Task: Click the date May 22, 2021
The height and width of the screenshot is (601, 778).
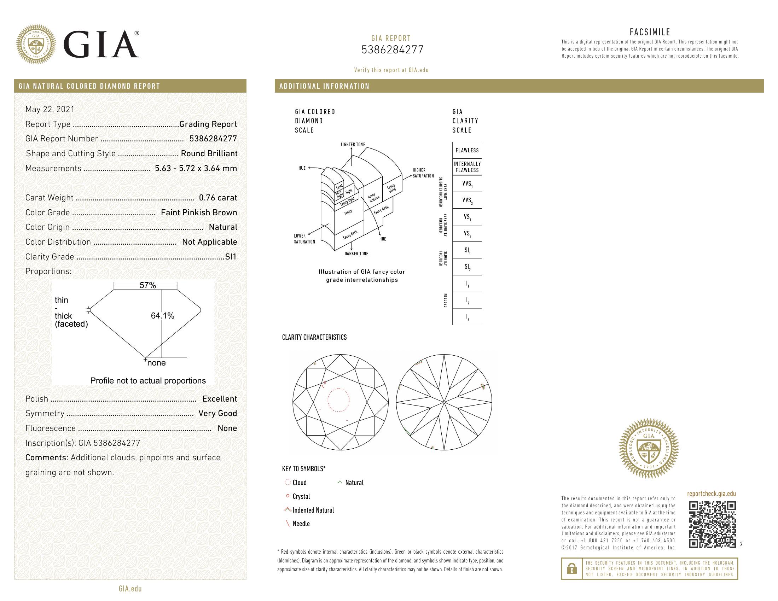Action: click(50, 109)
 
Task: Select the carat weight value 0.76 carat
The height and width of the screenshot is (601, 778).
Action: click(217, 198)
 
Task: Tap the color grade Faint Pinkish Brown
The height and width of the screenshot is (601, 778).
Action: click(199, 212)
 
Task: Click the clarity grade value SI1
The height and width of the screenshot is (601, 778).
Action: click(231, 257)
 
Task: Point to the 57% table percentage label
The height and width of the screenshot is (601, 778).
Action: click(147, 285)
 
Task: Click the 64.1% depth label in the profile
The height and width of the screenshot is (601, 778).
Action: click(162, 316)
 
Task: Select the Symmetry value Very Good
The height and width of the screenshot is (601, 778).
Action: click(217, 413)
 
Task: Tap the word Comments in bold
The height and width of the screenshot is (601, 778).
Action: click(46, 458)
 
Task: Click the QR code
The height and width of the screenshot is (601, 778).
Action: click(712, 524)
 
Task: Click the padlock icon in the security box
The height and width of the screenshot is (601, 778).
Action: click(572, 568)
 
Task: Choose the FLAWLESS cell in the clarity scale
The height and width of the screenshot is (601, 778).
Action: click(467, 151)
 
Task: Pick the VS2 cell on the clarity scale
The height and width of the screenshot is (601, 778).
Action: click(467, 234)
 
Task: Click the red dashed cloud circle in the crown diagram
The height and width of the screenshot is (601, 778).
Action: click(338, 400)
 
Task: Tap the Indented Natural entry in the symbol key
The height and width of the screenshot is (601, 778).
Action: click(313, 510)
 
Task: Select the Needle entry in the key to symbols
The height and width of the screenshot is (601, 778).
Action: click(301, 524)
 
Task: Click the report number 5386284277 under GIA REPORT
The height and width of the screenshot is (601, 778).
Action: click(392, 50)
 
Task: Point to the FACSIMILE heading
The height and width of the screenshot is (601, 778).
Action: click(650, 33)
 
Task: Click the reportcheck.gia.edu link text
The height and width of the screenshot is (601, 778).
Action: click(711, 494)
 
